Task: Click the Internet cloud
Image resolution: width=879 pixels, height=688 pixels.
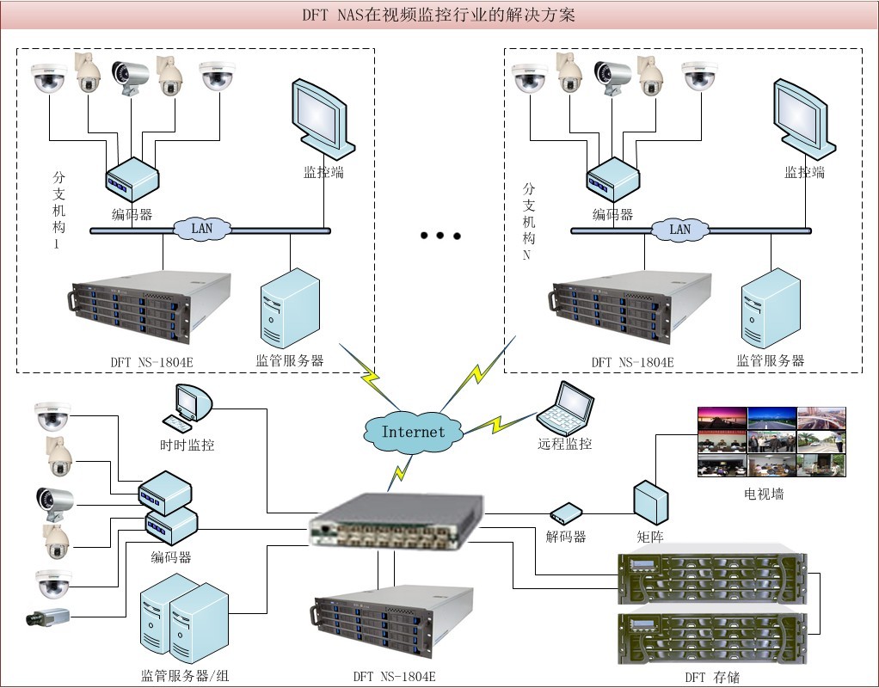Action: pyautogui.click(x=413, y=430)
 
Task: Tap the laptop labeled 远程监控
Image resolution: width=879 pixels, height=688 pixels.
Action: pyautogui.click(x=566, y=409)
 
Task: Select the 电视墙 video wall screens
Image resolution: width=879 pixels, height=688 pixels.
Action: pyautogui.click(x=771, y=441)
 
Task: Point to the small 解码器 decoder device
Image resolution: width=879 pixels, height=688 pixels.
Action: pyautogui.click(x=567, y=513)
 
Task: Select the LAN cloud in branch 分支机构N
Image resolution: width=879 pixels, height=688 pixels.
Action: pyautogui.click(x=680, y=229)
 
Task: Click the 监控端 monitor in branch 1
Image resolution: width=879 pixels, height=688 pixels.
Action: pyautogui.click(x=322, y=116)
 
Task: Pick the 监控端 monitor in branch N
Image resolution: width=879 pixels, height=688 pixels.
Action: pyautogui.click(x=803, y=116)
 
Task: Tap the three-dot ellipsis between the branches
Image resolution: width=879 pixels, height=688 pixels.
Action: pyautogui.click(x=440, y=235)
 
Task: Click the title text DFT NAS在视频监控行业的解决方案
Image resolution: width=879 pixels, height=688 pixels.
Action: pyautogui.click(x=439, y=15)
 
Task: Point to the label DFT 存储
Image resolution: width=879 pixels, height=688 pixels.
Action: pyautogui.click(x=711, y=677)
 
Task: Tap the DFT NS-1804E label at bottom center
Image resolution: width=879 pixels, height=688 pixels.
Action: pyautogui.click(x=394, y=677)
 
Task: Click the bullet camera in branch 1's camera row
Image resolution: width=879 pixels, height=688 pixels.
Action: pyautogui.click(x=131, y=75)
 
